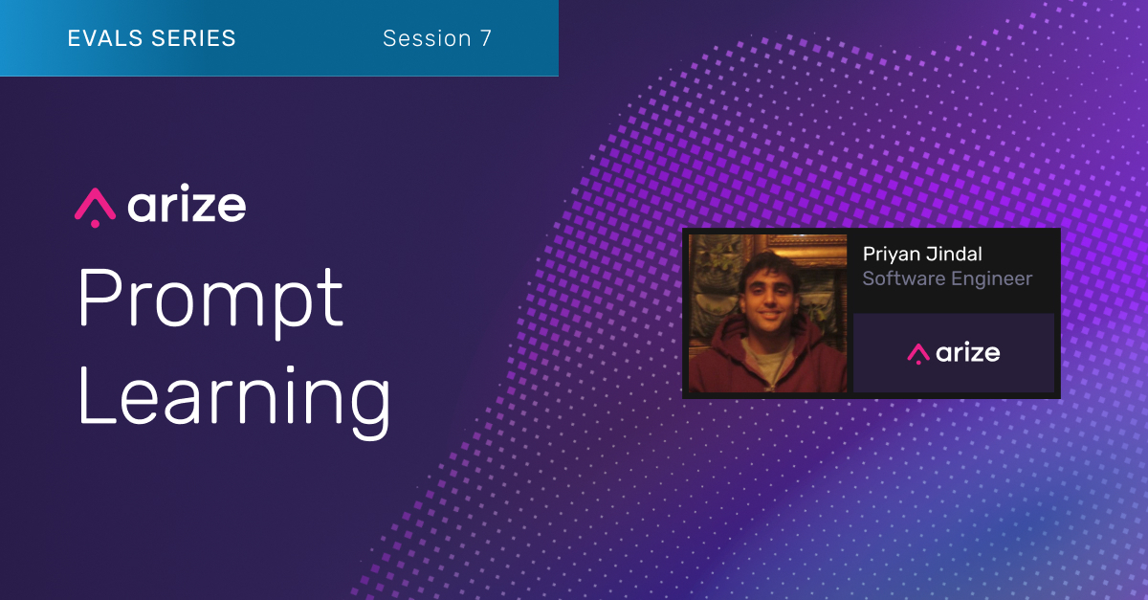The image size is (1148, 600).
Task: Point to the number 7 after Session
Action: coord(486,38)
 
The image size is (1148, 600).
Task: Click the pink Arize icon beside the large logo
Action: coord(95,207)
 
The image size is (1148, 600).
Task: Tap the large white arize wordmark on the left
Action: coord(187,206)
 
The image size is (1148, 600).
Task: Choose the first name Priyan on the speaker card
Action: coord(891,254)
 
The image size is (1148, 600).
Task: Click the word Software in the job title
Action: coord(901,278)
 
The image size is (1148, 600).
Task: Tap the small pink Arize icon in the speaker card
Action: coord(918,353)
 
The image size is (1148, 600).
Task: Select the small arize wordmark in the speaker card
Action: coord(968,352)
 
